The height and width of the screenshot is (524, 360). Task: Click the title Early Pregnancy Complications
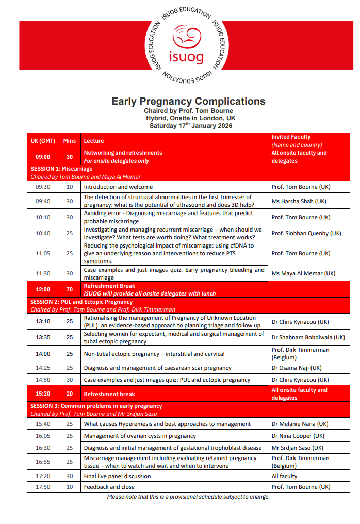click(188, 101)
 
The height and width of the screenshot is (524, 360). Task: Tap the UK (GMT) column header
click(43, 141)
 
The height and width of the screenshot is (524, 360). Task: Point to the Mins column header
click(69, 141)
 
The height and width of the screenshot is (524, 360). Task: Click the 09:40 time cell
click(43, 201)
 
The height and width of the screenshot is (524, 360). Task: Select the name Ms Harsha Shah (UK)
click(299, 201)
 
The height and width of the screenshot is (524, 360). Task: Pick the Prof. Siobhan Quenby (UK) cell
click(306, 233)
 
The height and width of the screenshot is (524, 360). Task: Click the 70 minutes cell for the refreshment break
click(69, 289)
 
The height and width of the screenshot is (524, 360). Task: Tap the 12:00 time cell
click(43, 289)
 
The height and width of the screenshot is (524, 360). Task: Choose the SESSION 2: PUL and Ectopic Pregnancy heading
click(81, 302)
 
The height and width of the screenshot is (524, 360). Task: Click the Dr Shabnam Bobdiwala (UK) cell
click(308, 337)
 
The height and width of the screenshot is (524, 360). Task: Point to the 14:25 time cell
click(43, 368)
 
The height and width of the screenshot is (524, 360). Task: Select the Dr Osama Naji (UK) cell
click(296, 368)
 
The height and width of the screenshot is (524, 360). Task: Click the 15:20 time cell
click(43, 394)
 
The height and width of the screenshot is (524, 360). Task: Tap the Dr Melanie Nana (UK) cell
click(300, 424)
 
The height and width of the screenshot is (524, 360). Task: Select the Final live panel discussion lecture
click(118, 476)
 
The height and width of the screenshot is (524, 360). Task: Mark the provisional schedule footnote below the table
click(188, 497)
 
